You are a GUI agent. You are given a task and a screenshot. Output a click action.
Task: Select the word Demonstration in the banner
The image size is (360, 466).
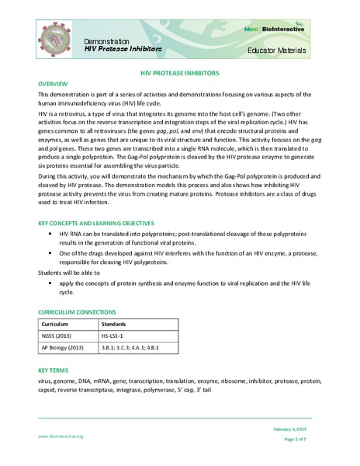[107, 40]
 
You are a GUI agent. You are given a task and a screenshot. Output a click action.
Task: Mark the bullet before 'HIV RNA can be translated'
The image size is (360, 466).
[50, 234]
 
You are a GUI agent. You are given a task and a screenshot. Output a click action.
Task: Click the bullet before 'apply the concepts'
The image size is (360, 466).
[50, 284]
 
